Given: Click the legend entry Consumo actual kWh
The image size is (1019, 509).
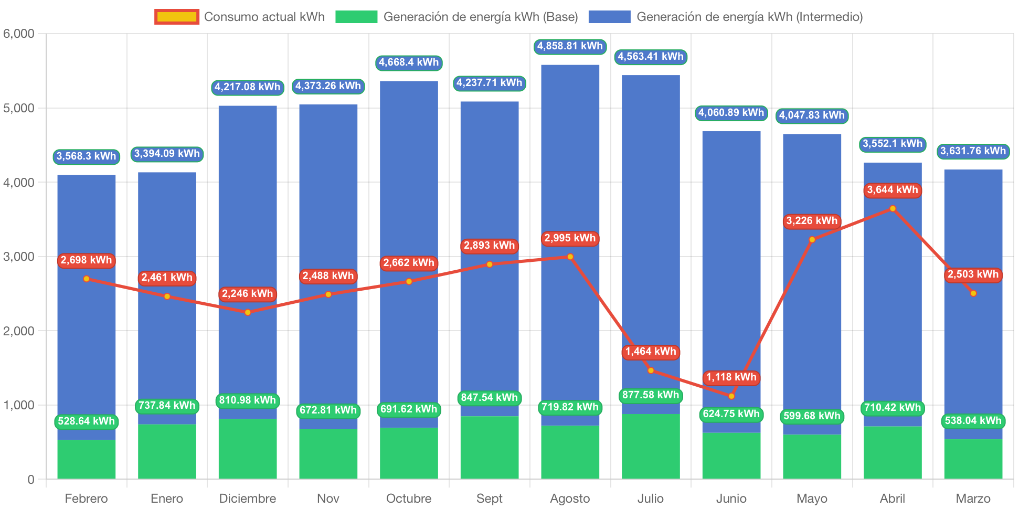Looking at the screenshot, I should (x=240, y=17).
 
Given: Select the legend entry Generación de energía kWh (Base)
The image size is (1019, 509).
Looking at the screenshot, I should (x=457, y=17).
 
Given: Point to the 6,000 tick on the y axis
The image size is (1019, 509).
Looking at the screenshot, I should (x=18, y=34).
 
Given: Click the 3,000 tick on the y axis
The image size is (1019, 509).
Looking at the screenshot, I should (x=18, y=257).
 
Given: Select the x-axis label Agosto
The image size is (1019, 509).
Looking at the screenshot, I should (x=570, y=498).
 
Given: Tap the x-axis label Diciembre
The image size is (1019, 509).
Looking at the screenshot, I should (x=248, y=498).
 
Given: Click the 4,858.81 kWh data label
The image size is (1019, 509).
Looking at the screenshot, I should (x=570, y=46).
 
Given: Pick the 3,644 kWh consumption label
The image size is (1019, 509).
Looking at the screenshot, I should (x=892, y=190).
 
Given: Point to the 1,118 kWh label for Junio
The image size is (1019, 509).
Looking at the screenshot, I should (x=731, y=377).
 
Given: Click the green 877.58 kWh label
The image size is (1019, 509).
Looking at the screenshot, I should (x=651, y=395).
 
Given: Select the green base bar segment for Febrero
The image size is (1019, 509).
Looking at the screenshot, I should (x=87, y=459).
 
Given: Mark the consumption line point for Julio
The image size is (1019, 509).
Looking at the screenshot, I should (x=651, y=370).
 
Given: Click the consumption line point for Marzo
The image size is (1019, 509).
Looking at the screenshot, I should (x=973, y=293).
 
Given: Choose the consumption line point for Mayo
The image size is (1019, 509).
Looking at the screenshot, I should (x=812, y=240).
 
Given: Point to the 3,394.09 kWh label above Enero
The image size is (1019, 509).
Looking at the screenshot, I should (x=167, y=154).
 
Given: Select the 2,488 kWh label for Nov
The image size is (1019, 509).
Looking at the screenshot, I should (x=328, y=276).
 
